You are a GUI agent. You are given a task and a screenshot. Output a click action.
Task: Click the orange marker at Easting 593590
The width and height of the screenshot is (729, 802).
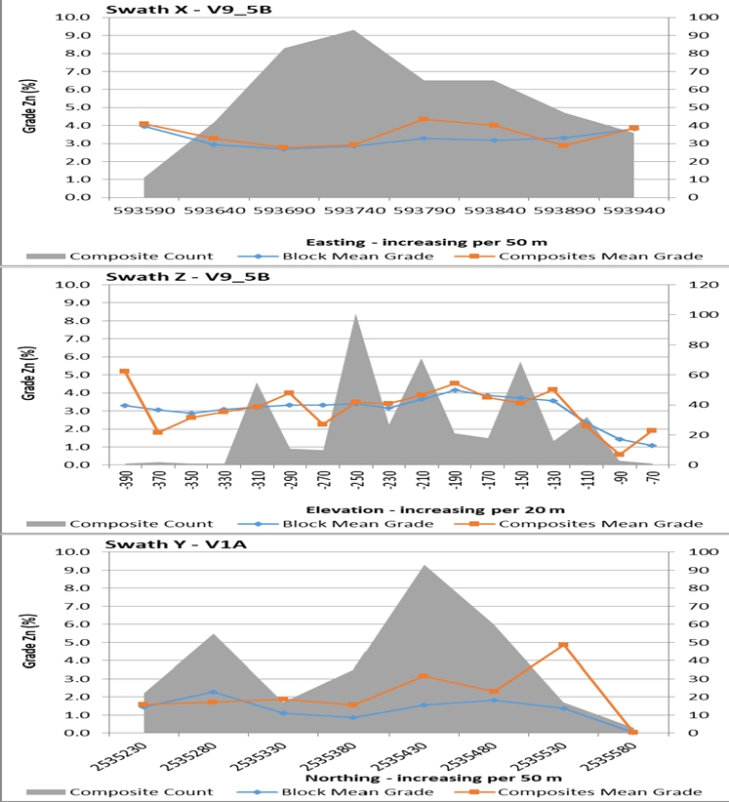[144, 125]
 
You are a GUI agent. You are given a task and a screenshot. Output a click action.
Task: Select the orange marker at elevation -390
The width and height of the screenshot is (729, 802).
[124, 372]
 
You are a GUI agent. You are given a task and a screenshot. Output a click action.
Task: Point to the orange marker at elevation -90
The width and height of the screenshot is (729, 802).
[620, 454]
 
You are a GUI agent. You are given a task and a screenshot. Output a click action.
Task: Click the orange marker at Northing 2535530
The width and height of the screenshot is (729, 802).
[563, 646]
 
